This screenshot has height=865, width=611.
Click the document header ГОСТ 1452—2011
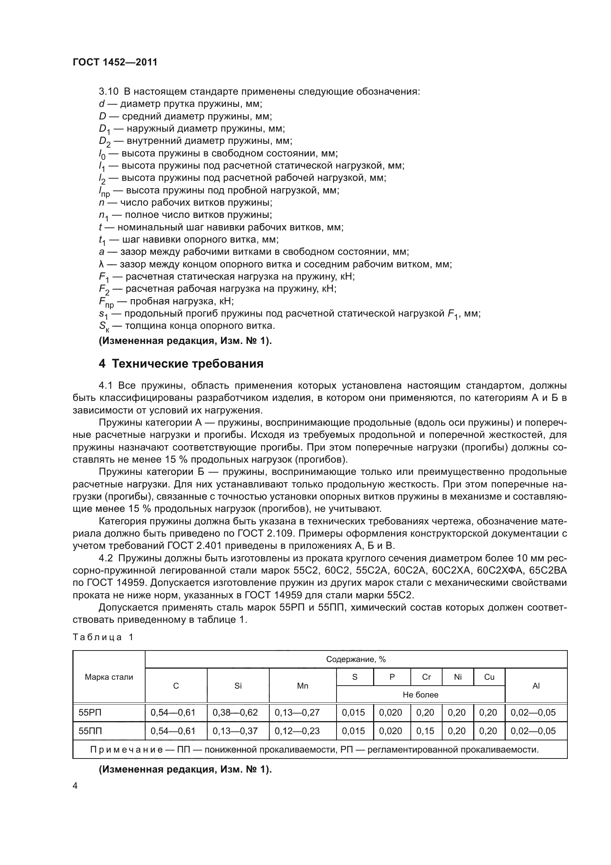[x=115, y=62]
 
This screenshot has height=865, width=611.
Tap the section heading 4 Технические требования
[x=181, y=364]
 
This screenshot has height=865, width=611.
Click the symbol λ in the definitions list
[x=101, y=264]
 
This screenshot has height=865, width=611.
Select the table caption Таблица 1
[x=103, y=637]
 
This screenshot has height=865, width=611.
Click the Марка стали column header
[x=109, y=677]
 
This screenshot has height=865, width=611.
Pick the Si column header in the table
[x=238, y=686]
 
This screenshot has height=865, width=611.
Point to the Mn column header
[x=303, y=686]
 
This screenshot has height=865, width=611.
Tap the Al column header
[x=536, y=686]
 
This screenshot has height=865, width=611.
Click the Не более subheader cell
[x=420, y=695]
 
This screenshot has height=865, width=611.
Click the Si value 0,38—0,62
[x=235, y=712]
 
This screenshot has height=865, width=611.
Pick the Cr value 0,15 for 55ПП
[x=425, y=731]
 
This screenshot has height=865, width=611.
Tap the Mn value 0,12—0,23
[x=297, y=731]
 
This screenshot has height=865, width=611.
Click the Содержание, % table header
[x=355, y=659]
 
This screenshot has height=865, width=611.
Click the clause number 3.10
[x=108, y=92]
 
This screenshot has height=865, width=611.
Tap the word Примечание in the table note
[x=126, y=749]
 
